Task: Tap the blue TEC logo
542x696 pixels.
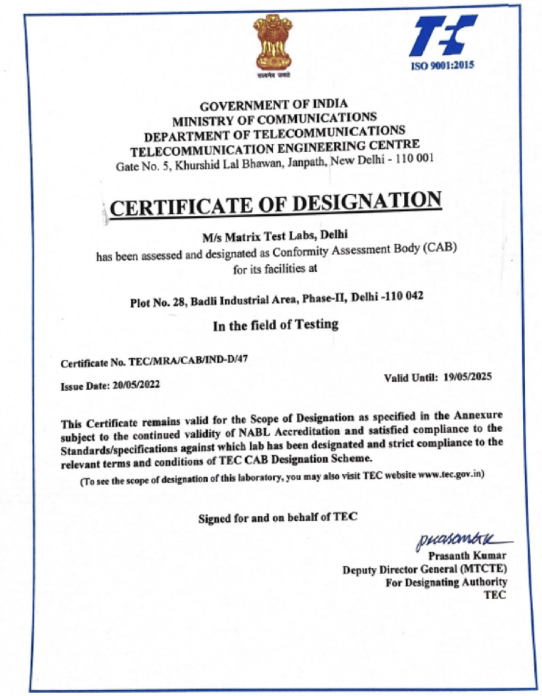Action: [x=446, y=37]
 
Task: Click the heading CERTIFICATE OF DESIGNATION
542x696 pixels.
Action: [x=275, y=205]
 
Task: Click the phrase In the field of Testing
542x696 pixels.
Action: [x=275, y=325]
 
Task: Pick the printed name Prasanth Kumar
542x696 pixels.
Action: [x=467, y=555]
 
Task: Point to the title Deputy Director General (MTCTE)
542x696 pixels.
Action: [x=424, y=569]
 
